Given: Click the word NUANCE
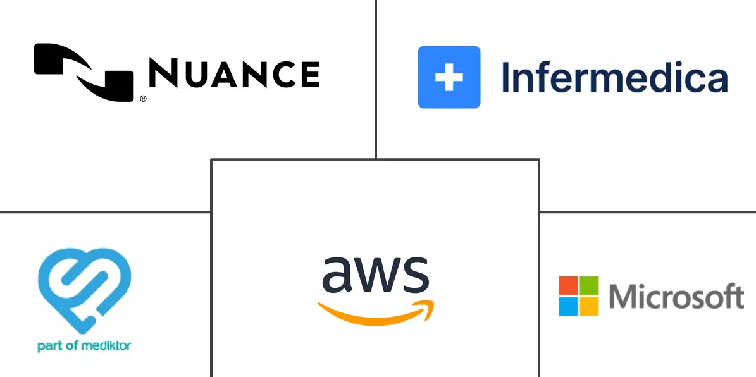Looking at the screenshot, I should click(234, 73).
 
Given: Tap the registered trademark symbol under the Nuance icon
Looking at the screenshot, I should click(144, 99).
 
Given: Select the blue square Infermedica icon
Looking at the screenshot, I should click(449, 77).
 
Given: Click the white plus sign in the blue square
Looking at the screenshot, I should click(449, 77).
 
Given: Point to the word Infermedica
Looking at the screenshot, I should click(614, 78).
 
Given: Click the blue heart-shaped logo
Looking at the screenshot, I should click(84, 290).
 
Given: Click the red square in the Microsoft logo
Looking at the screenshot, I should click(569, 285).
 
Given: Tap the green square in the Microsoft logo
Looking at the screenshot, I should click(590, 285).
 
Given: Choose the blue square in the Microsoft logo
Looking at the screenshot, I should click(569, 306).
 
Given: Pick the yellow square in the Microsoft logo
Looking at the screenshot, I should click(590, 306).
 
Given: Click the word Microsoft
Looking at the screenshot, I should click(676, 297).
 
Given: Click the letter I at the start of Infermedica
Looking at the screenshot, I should click(506, 77).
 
